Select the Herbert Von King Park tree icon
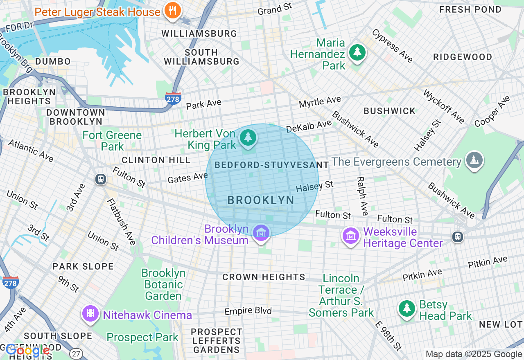pyautogui.click(x=248, y=138)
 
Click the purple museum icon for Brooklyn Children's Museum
pyautogui.click(x=261, y=233)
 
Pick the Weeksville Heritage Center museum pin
pyautogui.click(x=351, y=236)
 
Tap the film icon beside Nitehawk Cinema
pyautogui.click(x=90, y=314)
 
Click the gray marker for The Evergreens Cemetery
pyautogui.click(x=474, y=160)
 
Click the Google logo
pyautogui.click(x=28, y=351)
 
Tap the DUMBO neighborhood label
pyautogui.click(x=53, y=61)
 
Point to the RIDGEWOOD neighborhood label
pyautogui.click(x=462, y=57)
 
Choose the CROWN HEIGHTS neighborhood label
pyautogui.click(x=264, y=277)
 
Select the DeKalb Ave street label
pyautogui.click(x=309, y=126)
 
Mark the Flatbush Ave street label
pyautogui.click(x=121, y=221)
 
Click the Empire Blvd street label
pyautogui.click(x=248, y=311)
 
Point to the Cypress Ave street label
pyautogui.click(x=392, y=45)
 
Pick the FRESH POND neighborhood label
pyautogui.click(x=470, y=9)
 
